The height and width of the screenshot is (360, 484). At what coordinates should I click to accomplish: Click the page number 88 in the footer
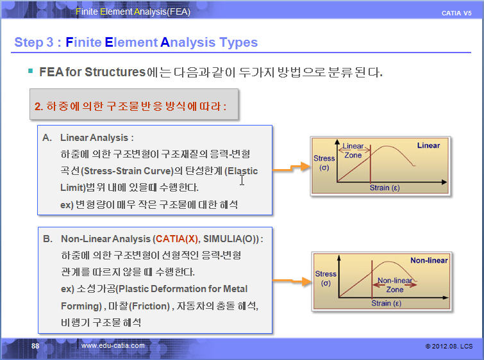(35, 346)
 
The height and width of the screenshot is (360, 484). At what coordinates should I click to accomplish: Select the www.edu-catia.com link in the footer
(113, 345)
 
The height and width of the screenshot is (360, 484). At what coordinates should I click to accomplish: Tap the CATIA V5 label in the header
(456, 13)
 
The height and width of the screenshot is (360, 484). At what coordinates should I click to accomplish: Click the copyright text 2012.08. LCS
(449, 346)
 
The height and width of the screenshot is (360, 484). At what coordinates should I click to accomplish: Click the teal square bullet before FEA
(30, 71)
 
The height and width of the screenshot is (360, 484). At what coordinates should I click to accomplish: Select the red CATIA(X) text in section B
(177, 239)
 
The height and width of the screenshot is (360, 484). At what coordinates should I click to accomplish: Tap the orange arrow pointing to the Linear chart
(292, 167)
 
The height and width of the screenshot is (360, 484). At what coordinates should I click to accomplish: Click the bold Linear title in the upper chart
(428, 145)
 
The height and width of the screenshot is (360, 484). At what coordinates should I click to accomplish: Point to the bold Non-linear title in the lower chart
(429, 260)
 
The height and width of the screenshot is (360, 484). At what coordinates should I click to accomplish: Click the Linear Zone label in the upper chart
(353, 151)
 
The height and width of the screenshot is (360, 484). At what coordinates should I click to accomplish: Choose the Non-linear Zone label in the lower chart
(395, 285)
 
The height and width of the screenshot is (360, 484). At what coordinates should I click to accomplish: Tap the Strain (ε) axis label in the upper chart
(385, 188)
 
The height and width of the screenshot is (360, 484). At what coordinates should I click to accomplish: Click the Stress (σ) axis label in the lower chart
(326, 278)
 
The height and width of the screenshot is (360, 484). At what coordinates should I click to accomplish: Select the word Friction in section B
(149, 306)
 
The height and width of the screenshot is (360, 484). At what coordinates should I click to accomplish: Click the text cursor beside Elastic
(242, 180)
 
